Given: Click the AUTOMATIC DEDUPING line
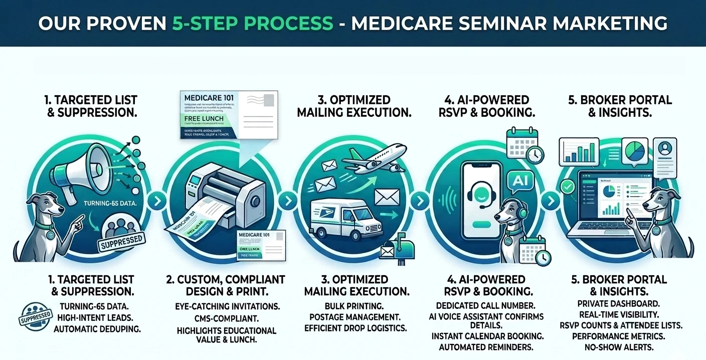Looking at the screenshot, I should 97,329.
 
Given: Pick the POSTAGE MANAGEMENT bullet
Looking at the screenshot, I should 355,317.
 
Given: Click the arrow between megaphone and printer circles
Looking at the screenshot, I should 157,202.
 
